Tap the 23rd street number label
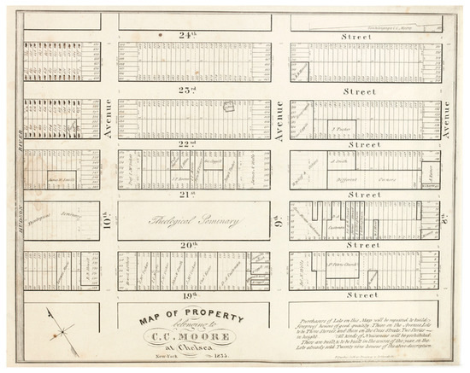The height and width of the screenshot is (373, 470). tap(185, 90)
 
